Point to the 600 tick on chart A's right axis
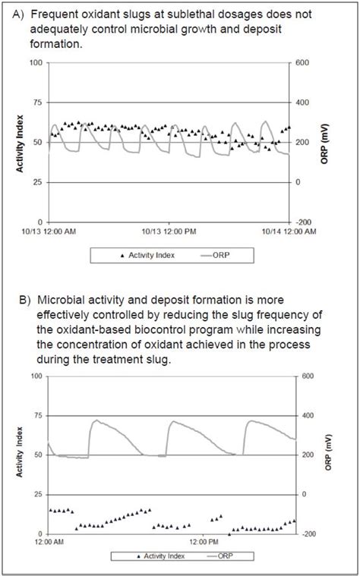click(302, 63)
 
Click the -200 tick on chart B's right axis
click(306, 534)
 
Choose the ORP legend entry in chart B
click(222, 556)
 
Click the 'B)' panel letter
click(24, 302)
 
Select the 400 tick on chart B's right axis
click(306, 416)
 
